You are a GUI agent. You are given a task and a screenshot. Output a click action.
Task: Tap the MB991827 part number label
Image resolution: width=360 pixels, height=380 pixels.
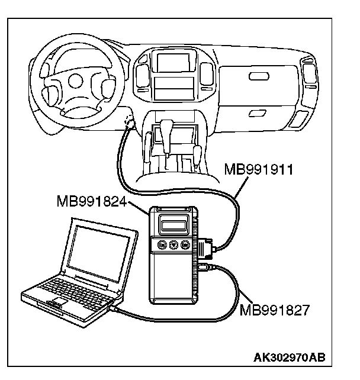click(x=274, y=310)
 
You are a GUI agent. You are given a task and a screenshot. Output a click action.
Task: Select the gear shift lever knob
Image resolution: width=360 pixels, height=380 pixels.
click(x=168, y=127)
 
